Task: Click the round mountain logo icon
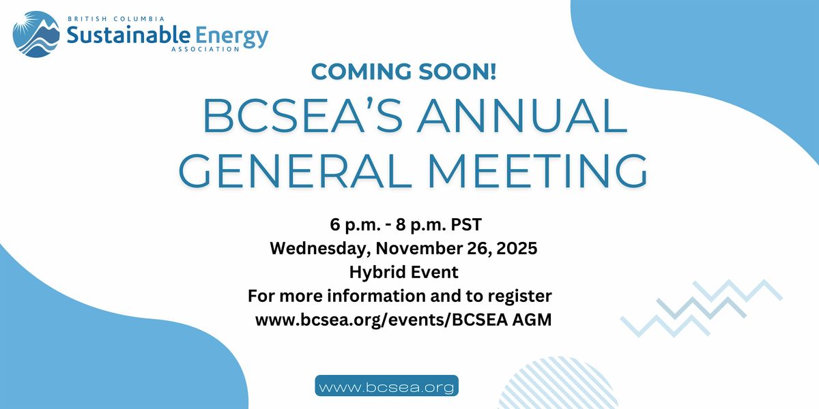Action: click(x=35, y=34)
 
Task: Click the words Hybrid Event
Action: click(x=403, y=272)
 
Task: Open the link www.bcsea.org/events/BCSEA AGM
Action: click(x=403, y=320)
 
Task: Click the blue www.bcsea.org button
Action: click(x=386, y=387)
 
